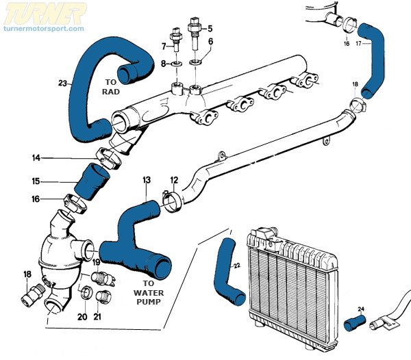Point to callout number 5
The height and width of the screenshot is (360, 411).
click(x=210, y=28)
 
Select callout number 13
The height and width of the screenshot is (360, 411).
click(x=146, y=180)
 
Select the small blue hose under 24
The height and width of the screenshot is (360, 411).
click(x=356, y=322)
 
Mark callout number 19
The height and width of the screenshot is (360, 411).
click(x=96, y=262)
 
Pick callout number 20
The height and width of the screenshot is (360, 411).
click(x=82, y=316)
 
